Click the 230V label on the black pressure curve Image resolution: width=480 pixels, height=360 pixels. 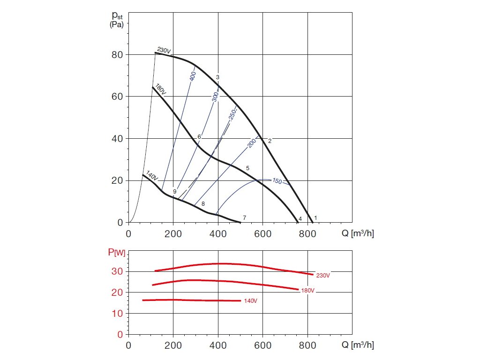pyautogui.click(x=164, y=50)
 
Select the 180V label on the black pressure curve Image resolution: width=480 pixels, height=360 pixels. pyautogui.click(x=160, y=90)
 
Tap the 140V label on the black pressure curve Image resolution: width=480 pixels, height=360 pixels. pyautogui.click(x=152, y=176)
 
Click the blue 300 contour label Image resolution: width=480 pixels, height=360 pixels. pyautogui.click(x=215, y=97)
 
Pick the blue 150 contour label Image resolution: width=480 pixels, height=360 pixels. pyautogui.click(x=277, y=181)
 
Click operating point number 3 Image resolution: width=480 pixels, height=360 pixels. pyautogui.click(x=217, y=77)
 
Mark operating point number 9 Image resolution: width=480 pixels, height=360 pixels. pyautogui.click(x=174, y=192)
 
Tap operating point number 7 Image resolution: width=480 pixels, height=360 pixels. pyautogui.click(x=245, y=218)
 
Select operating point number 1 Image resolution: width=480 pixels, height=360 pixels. pyautogui.click(x=315, y=218)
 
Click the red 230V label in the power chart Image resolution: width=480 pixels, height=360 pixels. pyautogui.click(x=323, y=276)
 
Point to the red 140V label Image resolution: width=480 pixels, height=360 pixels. pyautogui.click(x=251, y=300)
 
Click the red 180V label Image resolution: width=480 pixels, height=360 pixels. pyautogui.click(x=307, y=291)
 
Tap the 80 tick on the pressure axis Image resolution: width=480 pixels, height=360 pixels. pyautogui.click(x=117, y=54)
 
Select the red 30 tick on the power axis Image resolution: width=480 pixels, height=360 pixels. pyautogui.click(x=117, y=271)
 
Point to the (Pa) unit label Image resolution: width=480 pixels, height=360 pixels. pyautogui.click(x=117, y=25)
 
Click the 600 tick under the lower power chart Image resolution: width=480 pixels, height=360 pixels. pyautogui.click(x=262, y=345)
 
